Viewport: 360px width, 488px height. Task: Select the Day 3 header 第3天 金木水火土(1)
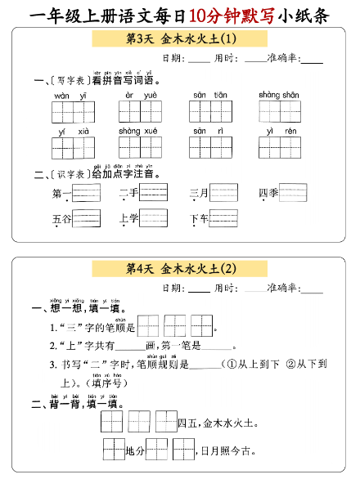[x=180, y=39]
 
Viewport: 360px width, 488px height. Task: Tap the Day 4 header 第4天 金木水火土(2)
[x=180, y=268]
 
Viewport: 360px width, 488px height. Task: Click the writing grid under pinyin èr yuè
[x=142, y=112]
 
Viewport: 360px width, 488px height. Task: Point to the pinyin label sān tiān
[x=209, y=95]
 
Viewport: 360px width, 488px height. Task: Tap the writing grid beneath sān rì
[x=211, y=147]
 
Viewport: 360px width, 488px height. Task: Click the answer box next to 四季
[x=293, y=193]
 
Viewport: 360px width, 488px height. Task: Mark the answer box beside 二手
[x=154, y=193]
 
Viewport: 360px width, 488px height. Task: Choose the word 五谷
[x=61, y=219]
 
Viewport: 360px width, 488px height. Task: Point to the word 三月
[x=199, y=194]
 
